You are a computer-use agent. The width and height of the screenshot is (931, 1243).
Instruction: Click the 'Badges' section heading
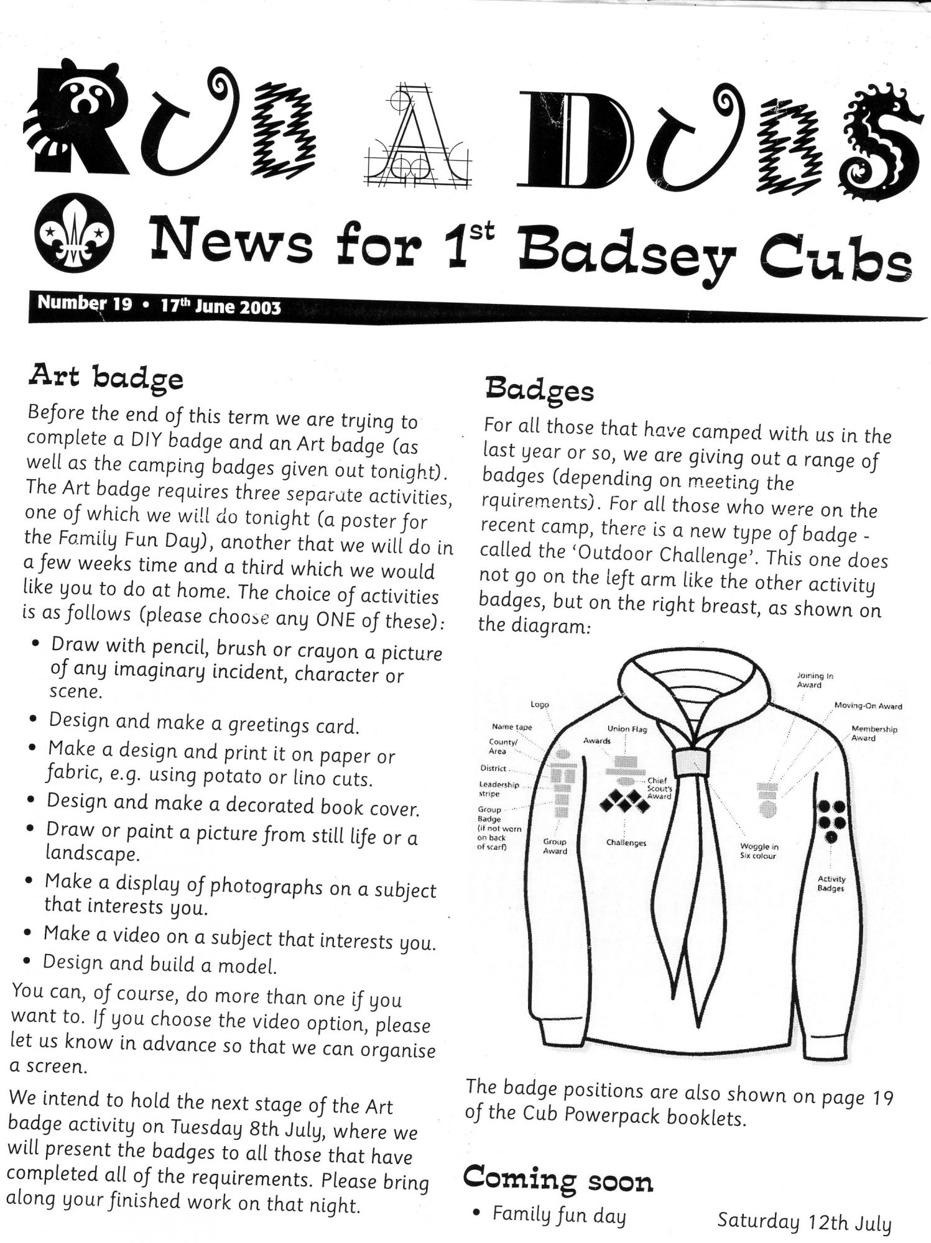[x=539, y=390]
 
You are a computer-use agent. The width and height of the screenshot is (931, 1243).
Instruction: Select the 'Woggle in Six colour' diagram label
[x=759, y=851]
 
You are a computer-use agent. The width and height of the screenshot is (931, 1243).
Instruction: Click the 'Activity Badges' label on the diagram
[x=831, y=883]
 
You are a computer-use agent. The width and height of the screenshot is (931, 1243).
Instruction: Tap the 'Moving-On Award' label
[x=868, y=706]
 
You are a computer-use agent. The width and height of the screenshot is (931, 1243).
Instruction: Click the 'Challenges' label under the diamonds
[x=626, y=843]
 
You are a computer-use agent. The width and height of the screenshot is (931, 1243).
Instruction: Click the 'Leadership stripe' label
[x=499, y=789]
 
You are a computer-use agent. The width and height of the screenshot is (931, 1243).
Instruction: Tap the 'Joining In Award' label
[x=809, y=680]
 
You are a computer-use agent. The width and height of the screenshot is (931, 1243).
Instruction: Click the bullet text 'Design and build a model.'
[x=160, y=964]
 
